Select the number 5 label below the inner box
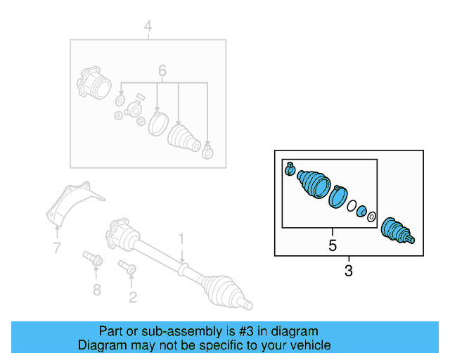[x=333, y=245]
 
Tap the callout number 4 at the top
[x=148, y=27]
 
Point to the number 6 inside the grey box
[x=162, y=71]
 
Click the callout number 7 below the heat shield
[x=56, y=247]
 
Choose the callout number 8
[x=96, y=290]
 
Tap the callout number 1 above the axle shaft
[x=181, y=239]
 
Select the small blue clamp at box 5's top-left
[x=289, y=169]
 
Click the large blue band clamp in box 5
[x=338, y=195]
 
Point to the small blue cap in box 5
[x=361, y=212]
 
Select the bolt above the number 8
[x=94, y=259]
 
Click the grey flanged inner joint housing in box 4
[x=94, y=84]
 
